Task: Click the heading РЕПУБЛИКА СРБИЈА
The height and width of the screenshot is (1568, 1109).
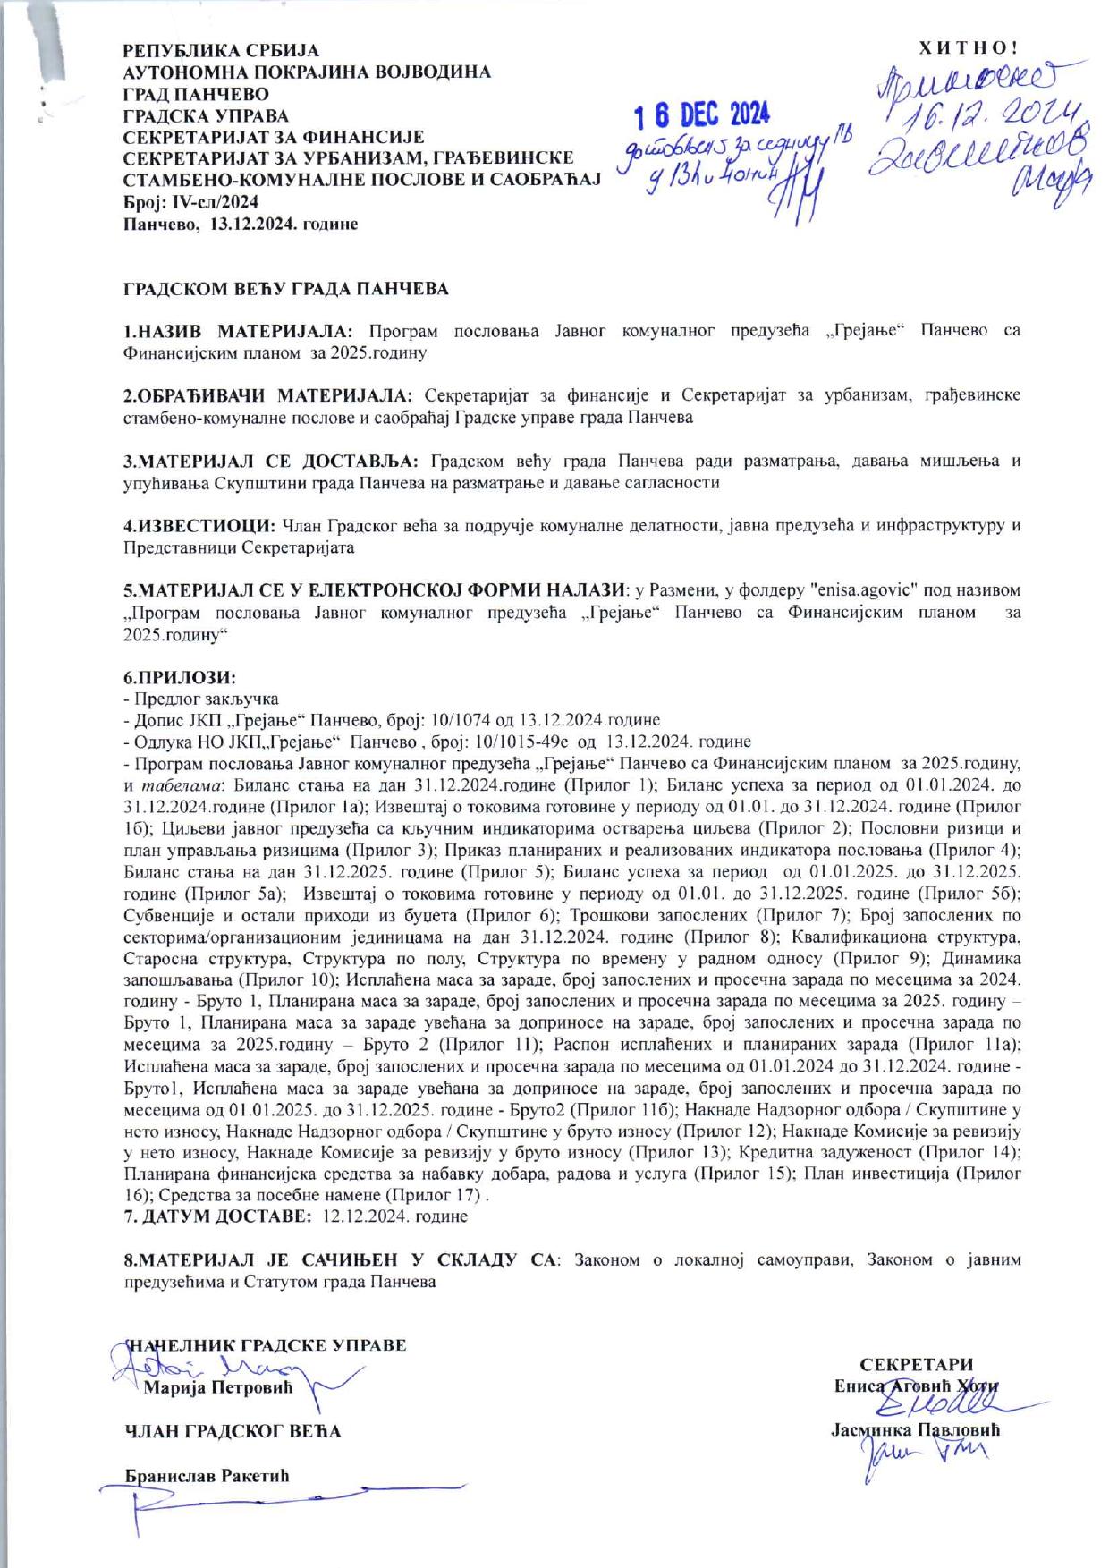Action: pyautogui.click(x=220, y=50)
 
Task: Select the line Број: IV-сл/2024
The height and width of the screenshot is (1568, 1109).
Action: pyautogui.click(x=190, y=203)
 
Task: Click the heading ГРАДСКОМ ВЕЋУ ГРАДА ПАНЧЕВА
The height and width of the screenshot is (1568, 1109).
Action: pyautogui.click(x=285, y=290)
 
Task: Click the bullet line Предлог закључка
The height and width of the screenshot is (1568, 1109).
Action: pyautogui.click(x=205, y=699)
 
